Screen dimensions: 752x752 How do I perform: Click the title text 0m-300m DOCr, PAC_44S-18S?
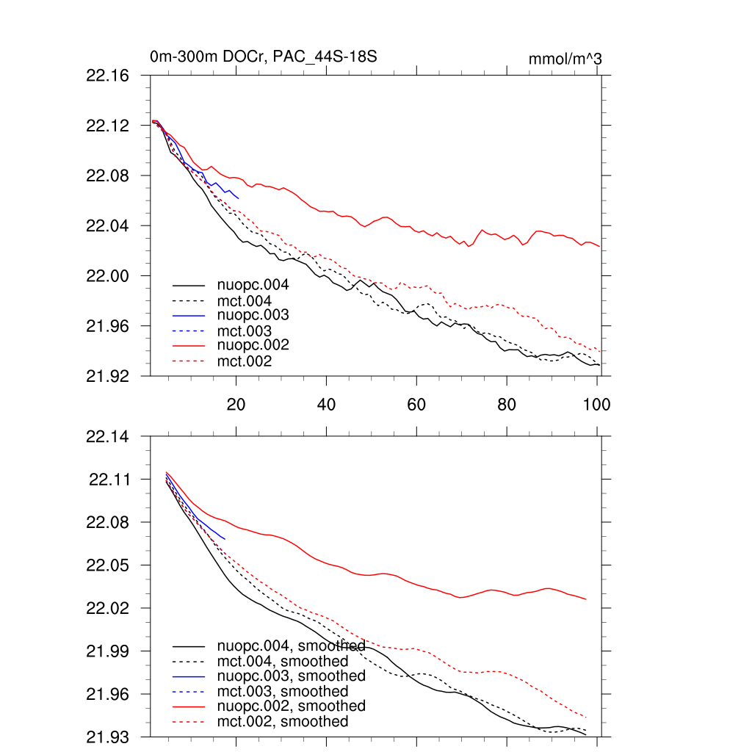click(x=263, y=57)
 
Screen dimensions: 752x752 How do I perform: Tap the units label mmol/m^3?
click(x=565, y=59)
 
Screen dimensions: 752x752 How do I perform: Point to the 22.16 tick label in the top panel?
click(x=107, y=76)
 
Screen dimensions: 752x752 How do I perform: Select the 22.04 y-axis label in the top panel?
click(x=107, y=225)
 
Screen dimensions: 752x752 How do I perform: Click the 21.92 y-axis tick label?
click(x=107, y=375)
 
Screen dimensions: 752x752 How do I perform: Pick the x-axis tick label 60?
click(x=416, y=404)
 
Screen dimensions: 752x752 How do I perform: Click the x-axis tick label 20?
click(x=236, y=404)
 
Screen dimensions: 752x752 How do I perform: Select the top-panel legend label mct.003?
click(x=245, y=330)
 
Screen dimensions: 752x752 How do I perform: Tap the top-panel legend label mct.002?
click(x=245, y=361)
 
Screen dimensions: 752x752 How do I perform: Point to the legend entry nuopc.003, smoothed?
click(x=291, y=676)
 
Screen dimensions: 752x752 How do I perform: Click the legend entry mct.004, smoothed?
click(x=283, y=661)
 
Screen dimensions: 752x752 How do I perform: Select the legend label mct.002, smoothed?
click(x=283, y=722)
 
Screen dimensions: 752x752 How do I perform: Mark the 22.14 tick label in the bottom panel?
click(x=107, y=437)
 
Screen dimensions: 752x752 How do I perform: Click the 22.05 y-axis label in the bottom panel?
click(x=107, y=565)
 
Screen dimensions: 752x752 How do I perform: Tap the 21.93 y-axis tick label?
click(x=107, y=737)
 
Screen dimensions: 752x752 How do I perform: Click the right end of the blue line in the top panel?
click(x=239, y=198)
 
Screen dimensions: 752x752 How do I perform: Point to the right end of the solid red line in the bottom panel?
click(x=586, y=599)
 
